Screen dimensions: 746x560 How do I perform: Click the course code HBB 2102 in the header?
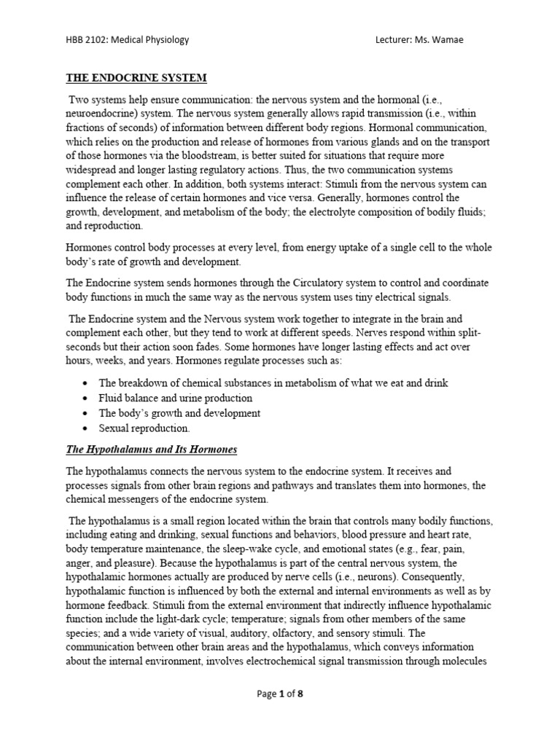click(85, 39)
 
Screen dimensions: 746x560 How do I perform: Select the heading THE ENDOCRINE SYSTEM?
click(137, 77)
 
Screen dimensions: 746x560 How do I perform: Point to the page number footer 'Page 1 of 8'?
click(280, 694)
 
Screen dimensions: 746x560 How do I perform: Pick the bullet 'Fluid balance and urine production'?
click(175, 398)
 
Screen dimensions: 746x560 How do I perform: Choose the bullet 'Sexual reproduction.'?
click(144, 428)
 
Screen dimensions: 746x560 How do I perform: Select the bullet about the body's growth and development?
click(179, 413)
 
